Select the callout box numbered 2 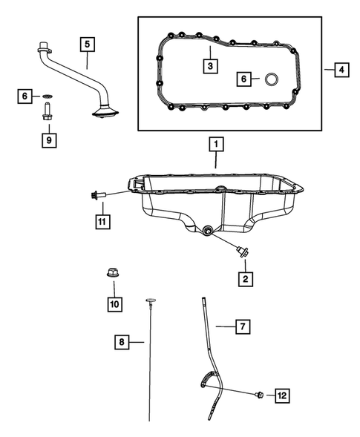[245, 278]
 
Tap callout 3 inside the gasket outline [211, 65]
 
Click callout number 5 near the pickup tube [88, 45]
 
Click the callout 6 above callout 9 [25, 96]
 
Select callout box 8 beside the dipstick [120, 342]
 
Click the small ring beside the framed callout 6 [272, 79]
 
